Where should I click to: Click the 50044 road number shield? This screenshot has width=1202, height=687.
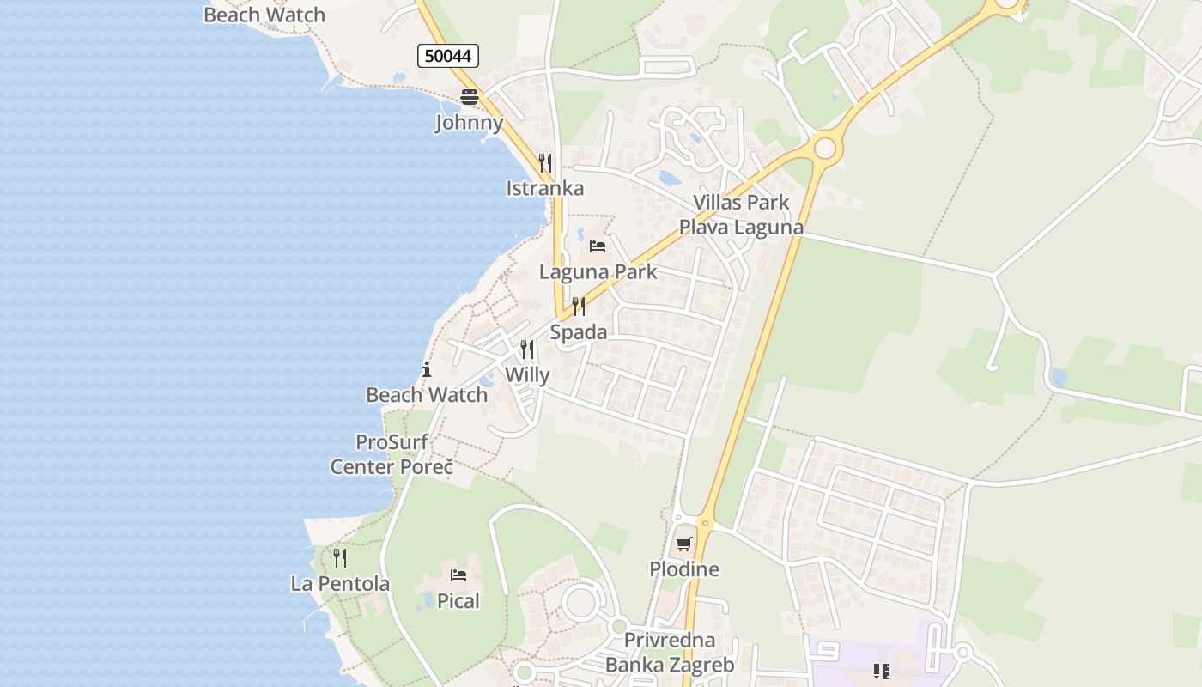[448, 57]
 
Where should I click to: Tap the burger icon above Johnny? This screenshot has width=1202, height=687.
[469, 97]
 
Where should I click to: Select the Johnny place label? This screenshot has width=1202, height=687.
[469, 123]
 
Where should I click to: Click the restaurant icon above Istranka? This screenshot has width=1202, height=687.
[544, 162]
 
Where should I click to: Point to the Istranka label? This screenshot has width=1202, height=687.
[544, 189]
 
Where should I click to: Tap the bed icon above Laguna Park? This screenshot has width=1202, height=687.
[598, 246]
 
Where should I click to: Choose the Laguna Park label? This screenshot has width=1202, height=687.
[598, 272]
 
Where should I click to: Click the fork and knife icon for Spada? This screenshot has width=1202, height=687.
[579, 307]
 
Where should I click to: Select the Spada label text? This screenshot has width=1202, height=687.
[579, 332]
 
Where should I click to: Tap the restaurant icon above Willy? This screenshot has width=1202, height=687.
[527, 350]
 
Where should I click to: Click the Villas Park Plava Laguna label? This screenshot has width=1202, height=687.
[742, 215]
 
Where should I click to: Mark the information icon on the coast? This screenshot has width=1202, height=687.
[427, 370]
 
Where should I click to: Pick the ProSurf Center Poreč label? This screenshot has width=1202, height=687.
[392, 454]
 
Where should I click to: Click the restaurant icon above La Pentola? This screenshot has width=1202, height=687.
[340, 558]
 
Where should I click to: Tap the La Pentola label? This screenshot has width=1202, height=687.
[340, 584]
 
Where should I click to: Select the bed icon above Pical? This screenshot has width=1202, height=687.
[458, 575]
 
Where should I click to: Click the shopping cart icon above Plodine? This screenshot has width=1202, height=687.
[683, 544]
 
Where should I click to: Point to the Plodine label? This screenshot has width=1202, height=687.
[684, 569]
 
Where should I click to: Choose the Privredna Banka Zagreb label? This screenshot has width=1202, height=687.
[670, 653]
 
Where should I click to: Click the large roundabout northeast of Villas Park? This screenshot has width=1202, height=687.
[824, 149]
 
